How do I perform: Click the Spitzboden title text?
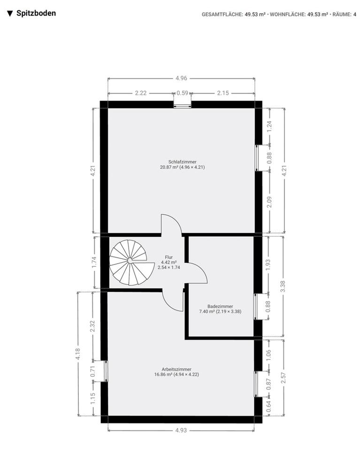click(x=36, y=13)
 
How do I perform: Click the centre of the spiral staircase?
click(x=129, y=260)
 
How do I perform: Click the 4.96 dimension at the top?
click(x=181, y=78)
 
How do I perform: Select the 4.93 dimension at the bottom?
click(x=181, y=430)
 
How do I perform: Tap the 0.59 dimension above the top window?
click(x=182, y=93)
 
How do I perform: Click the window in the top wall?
click(x=182, y=104)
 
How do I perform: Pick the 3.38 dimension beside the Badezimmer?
click(x=283, y=286)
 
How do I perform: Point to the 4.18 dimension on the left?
click(x=78, y=353)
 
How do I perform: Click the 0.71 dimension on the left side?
click(x=93, y=371)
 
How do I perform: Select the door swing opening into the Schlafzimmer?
click(x=172, y=224)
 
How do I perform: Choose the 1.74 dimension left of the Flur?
click(x=94, y=262)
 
